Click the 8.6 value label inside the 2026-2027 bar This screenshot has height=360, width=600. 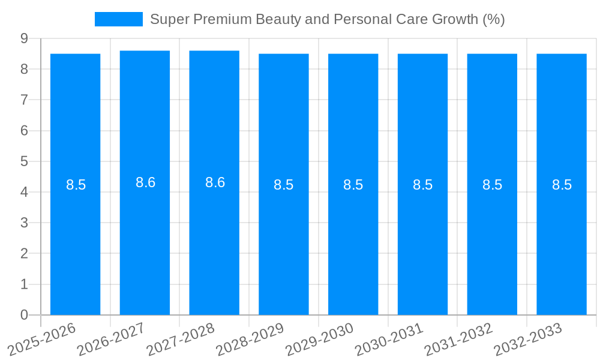point(145,182)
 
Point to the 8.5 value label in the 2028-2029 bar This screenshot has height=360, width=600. point(284,185)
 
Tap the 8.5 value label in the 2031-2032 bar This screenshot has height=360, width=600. point(492,185)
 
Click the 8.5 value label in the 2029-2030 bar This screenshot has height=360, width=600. point(353,185)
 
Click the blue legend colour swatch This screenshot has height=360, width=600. point(118,19)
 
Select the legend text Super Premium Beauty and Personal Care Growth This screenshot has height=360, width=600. point(327,19)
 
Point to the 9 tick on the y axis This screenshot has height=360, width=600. point(24,38)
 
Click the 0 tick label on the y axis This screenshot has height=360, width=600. point(24,315)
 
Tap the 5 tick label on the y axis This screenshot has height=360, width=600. point(24,161)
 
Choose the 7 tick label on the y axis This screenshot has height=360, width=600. point(24,100)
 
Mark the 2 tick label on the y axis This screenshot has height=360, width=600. point(24,253)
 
